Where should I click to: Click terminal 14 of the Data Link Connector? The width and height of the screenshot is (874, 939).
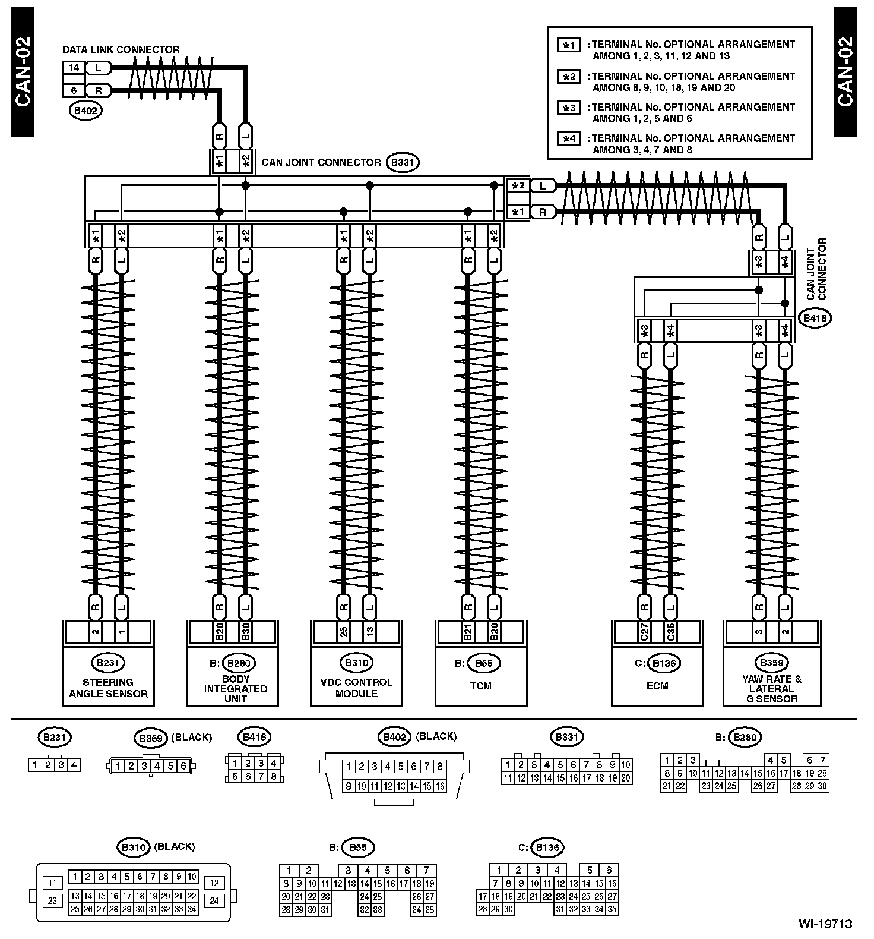tap(74, 68)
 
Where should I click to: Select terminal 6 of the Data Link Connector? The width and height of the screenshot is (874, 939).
tap(74, 91)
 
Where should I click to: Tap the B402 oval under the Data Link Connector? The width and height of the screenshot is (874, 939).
tap(85, 111)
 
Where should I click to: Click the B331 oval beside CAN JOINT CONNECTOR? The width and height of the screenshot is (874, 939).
tap(403, 162)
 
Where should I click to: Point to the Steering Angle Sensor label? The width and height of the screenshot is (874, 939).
tap(108, 688)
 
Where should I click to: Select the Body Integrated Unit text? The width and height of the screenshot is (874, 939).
tap(235, 689)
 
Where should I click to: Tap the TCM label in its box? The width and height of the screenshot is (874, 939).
tap(481, 686)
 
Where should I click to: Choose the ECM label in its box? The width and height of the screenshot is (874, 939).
tap(657, 686)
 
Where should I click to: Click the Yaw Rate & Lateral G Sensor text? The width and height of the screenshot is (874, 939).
tap(771, 689)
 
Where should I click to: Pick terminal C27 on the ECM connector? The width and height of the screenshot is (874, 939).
tap(644, 632)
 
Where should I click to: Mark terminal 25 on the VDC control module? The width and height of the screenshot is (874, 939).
tap(344, 632)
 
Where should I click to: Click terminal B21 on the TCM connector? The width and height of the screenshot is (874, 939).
tap(468, 632)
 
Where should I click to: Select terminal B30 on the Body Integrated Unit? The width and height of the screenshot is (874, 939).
tap(245, 632)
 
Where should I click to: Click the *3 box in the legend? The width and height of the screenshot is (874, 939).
tap(569, 108)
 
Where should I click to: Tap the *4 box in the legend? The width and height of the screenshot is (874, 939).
tap(569, 138)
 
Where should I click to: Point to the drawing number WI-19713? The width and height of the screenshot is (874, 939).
tap(825, 924)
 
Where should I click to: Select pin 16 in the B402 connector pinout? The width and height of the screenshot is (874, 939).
tap(440, 786)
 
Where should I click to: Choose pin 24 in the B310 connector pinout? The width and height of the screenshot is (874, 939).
tap(214, 900)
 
